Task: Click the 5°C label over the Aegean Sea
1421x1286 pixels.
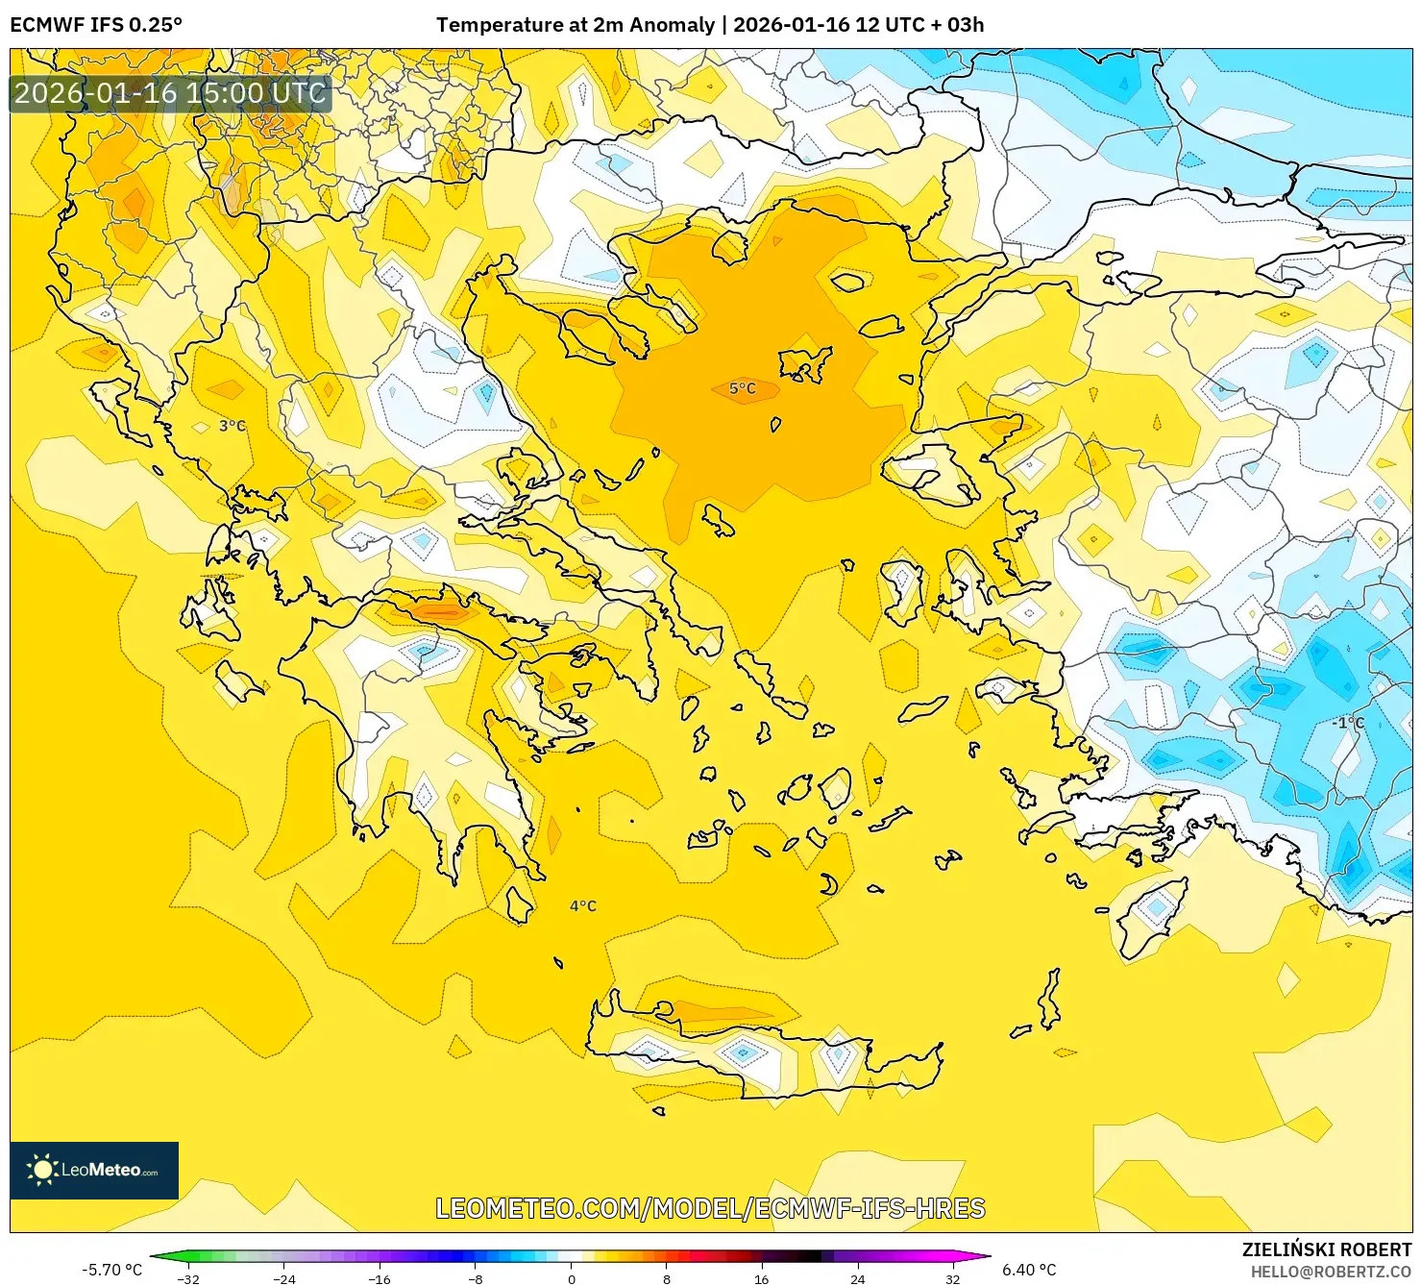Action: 742,388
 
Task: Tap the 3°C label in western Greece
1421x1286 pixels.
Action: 232,426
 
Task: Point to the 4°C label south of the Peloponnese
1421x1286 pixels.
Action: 582,905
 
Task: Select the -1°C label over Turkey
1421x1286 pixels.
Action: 1348,723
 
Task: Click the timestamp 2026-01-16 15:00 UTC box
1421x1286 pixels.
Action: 170,93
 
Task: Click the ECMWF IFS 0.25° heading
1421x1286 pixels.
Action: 95,25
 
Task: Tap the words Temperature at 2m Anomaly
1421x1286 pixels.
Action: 575,25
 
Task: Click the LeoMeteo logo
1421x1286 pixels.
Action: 94,1170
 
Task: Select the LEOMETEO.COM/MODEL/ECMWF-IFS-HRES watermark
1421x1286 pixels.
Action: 710,1208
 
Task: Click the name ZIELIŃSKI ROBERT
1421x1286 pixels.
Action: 1326,1249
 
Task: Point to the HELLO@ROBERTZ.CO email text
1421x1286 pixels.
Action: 1330,1272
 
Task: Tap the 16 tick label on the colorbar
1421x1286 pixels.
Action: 761,1278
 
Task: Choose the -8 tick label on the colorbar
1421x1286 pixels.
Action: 476,1278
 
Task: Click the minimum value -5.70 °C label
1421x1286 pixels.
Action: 111,1270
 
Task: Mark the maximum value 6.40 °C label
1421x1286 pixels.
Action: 1029,1270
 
